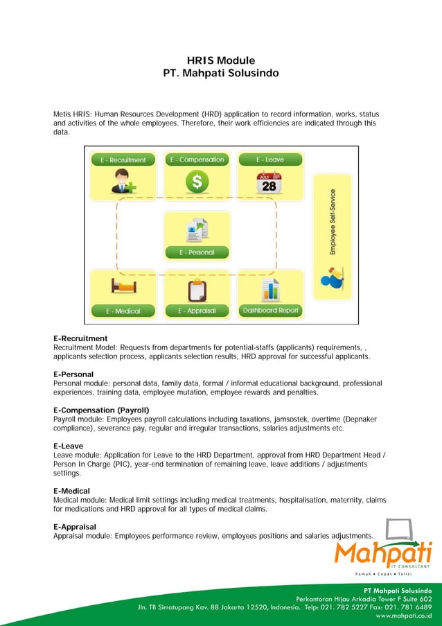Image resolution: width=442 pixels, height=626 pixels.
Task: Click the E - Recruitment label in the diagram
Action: tap(123, 159)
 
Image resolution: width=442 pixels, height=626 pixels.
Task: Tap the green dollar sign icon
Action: tap(197, 182)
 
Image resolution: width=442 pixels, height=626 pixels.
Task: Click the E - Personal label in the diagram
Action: tap(197, 252)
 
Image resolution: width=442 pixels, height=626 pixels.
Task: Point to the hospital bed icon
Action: tap(124, 286)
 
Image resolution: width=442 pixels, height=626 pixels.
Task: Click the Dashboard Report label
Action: tap(270, 310)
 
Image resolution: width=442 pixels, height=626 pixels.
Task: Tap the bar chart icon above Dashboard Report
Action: tap(269, 288)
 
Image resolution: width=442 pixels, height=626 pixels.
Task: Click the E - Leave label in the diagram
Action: tap(270, 159)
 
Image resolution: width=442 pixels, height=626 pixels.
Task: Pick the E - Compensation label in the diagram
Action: tap(197, 159)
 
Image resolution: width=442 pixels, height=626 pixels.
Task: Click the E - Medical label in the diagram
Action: tap(123, 311)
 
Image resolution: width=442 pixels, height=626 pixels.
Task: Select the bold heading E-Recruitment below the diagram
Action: tap(80, 338)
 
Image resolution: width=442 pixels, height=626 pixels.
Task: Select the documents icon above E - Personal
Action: tap(197, 228)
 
